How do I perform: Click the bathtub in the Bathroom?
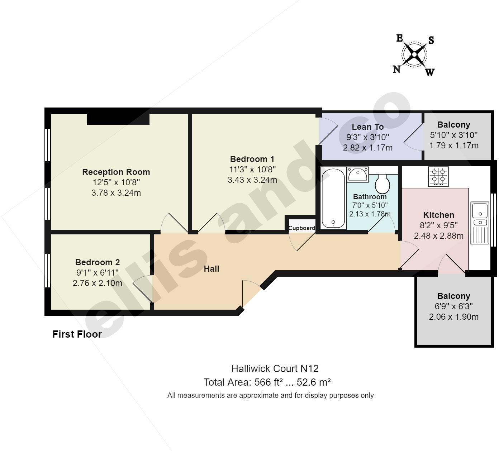333,198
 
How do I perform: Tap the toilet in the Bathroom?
382,183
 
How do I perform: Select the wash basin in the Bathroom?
358,175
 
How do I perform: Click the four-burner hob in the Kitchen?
438,176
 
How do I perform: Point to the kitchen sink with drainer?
480,223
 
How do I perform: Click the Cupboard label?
302,228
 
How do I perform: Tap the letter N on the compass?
396,69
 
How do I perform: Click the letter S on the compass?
431,40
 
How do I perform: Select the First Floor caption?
77,334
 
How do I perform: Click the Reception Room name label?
116,172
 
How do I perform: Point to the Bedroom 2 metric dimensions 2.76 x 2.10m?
98,283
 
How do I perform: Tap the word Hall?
212,269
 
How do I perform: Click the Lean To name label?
368,127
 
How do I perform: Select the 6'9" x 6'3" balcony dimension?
454,306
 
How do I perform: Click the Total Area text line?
267,382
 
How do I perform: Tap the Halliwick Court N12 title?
275,368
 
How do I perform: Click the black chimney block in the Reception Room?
118,119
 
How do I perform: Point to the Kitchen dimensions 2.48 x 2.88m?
438,235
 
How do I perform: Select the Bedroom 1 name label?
252,159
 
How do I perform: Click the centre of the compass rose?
414,54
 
